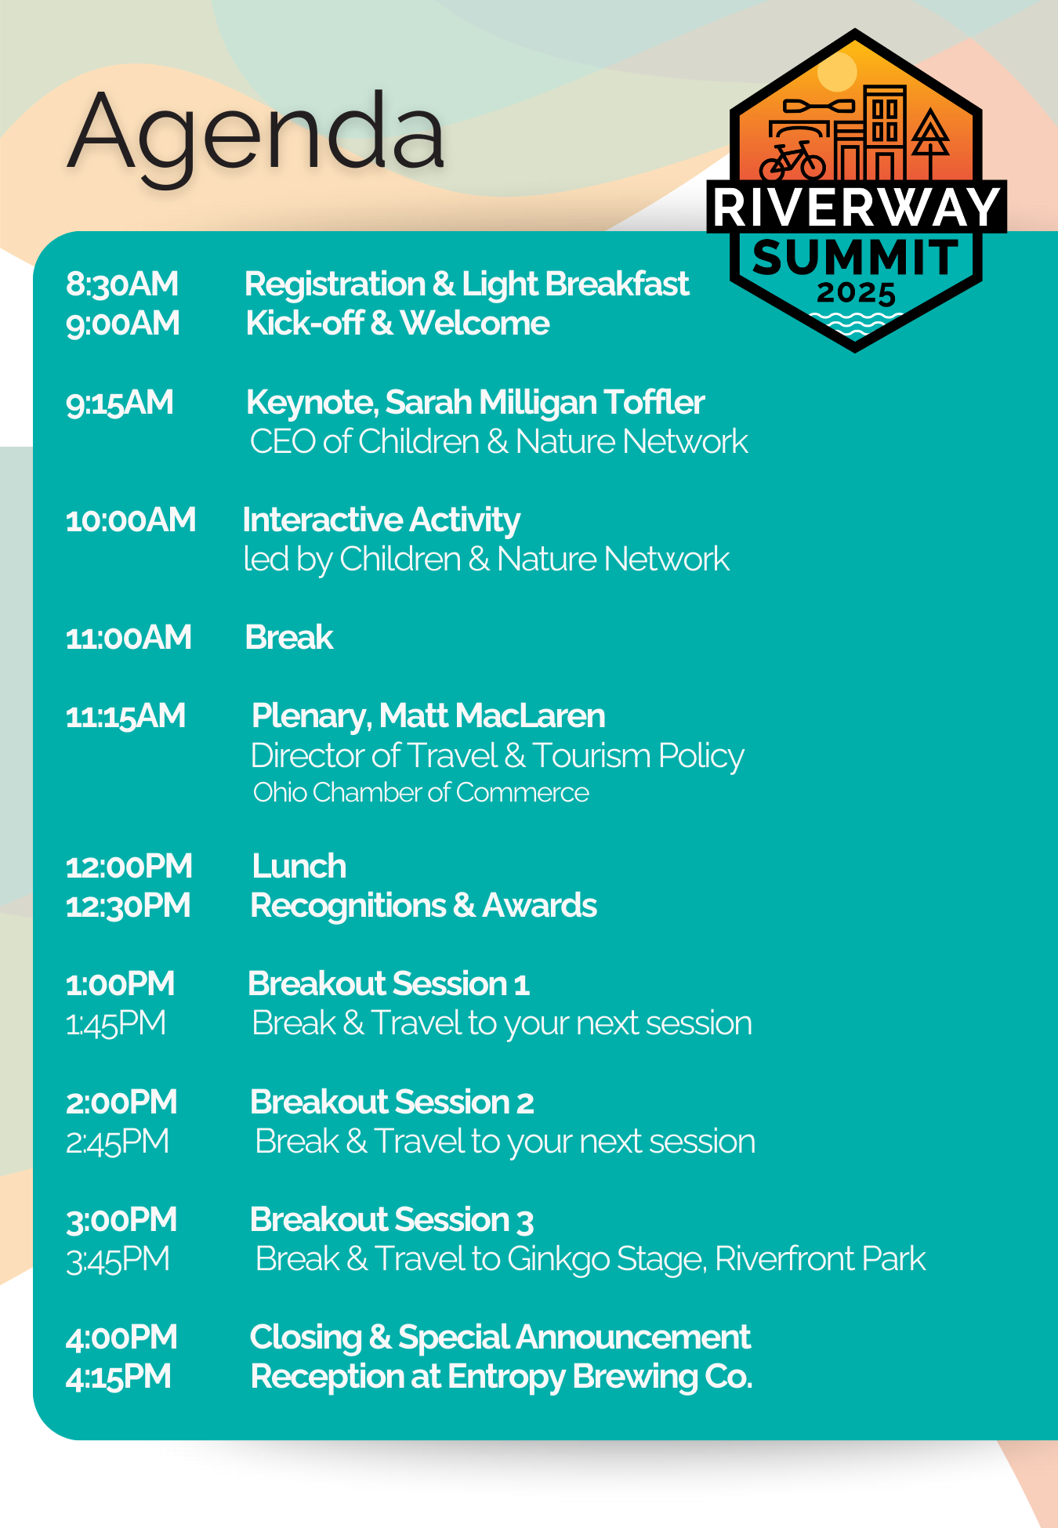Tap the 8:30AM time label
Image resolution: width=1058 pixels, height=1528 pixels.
click(122, 284)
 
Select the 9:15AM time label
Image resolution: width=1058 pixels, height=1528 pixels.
click(120, 402)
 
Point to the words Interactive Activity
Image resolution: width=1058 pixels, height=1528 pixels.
click(382, 520)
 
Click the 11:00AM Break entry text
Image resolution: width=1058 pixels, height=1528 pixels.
click(289, 637)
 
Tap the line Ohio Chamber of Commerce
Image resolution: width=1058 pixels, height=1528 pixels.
click(421, 792)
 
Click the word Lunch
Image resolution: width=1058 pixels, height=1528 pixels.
click(299, 866)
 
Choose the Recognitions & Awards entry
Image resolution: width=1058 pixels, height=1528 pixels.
click(424, 906)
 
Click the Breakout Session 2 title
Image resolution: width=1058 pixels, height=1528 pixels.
click(392, 1102)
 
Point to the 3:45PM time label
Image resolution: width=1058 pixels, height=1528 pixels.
click(118, 1259)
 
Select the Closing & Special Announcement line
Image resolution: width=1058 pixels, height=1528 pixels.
click(500, 1338)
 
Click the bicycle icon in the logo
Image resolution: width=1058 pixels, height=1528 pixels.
click(792, 161)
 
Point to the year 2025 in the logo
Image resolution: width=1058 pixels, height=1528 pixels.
click(856, 293)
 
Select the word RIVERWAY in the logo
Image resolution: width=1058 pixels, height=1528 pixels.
click(857, 207)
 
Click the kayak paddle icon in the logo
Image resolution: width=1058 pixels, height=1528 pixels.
click(819, 106)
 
